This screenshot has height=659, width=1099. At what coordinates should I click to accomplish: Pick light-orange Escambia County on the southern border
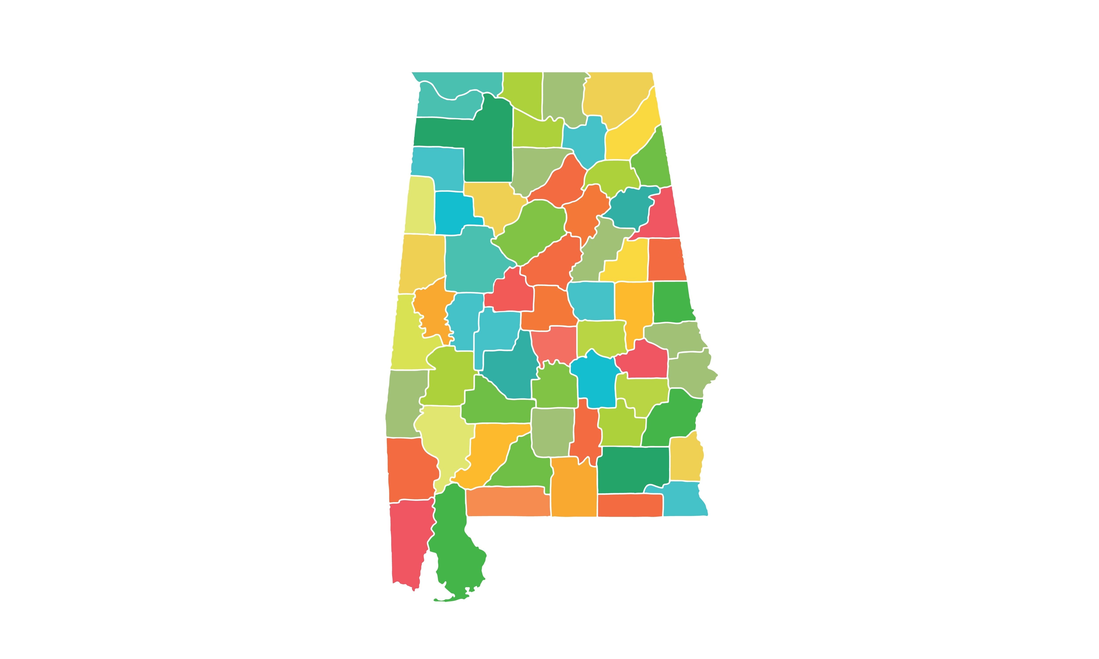click(506, 502)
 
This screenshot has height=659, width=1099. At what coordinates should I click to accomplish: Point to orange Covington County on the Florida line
click(573, 489)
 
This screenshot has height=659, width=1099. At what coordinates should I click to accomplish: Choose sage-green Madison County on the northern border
click(562, 96)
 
